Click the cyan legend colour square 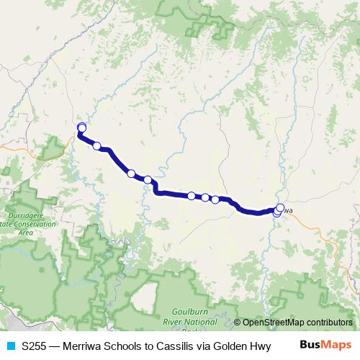tap(10, 347)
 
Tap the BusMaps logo tap(325, 346)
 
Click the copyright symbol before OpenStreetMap tap(238, 322)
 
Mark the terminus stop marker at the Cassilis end tap(81, 127)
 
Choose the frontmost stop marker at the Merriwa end tap(280, 208)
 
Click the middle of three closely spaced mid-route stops tap(205, 197)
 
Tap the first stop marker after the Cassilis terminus tap(97, 146)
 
